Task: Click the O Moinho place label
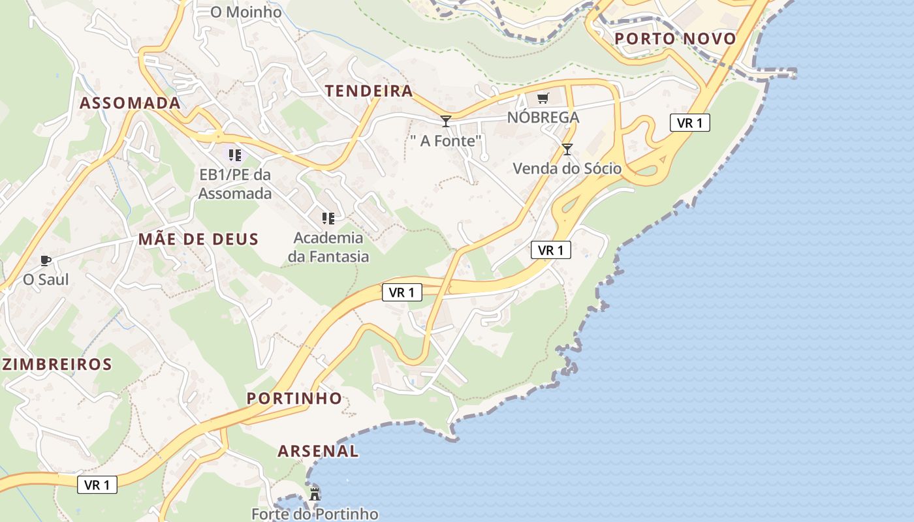tap(246, 12)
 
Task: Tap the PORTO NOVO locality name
tap(675, 38)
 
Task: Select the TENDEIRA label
tap(369, 91)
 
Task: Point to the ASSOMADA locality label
tap(130, 102)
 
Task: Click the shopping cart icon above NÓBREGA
tap(543, 99)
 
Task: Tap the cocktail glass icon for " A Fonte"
tap(446, 121)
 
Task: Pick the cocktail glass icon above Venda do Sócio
tap(567, 149)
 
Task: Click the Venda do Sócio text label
tap(567, 168)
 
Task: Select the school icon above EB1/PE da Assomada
tap(235, 155)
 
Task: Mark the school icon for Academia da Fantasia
tap(328, 218)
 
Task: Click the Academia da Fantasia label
tap(328, 247)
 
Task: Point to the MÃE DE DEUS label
tap(198, 239)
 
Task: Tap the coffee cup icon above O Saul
tap(46, 261)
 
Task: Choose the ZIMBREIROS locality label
tap(57, 364)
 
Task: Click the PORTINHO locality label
tap(294, 398)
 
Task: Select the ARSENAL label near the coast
tap(318, 451)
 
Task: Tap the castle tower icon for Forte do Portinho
tap(315, 494)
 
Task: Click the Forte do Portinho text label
tap(315, 514)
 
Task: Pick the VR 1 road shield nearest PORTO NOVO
tap(689, 123)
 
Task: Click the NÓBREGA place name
tap(543, 117)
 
